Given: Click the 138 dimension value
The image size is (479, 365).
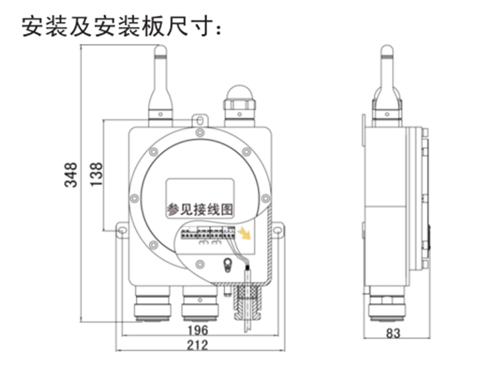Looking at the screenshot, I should coord(97,174).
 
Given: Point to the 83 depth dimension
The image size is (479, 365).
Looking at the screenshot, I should coord(392,333).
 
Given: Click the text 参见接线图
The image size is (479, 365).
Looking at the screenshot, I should coord(199,210).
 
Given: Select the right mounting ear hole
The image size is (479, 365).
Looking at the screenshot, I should coord(278,230).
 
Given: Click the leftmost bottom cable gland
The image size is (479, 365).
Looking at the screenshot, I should coord(152,305).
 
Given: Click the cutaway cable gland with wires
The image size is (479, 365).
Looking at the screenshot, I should coord(248,303).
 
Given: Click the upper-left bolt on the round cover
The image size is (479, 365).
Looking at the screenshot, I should coord(154,151).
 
